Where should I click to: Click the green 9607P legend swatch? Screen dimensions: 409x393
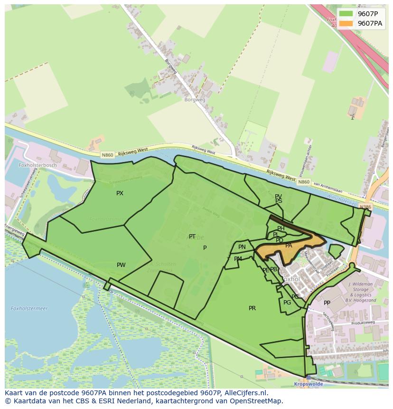click(346, 14)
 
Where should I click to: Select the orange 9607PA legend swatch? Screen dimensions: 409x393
click(346, 23)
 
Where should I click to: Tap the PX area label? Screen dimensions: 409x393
click(120, 193)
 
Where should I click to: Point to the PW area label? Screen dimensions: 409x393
click(121, 265)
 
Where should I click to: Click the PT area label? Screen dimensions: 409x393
click(192, 237)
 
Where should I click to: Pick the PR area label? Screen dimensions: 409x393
click(252, 308)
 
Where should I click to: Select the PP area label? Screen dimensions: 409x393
click(327, 303)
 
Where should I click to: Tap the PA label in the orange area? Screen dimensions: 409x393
click(289, 246)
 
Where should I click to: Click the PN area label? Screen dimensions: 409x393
click(242, 247)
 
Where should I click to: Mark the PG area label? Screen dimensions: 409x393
click(287, 303)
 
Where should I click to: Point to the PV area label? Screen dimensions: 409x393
click(278, 196)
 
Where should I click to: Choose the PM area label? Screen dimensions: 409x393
click(238, 259)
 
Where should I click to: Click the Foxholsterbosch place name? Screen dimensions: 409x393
click(37, 165)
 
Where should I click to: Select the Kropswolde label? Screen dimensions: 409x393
click(309, 384)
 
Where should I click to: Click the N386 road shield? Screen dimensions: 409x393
click(365, 207)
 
